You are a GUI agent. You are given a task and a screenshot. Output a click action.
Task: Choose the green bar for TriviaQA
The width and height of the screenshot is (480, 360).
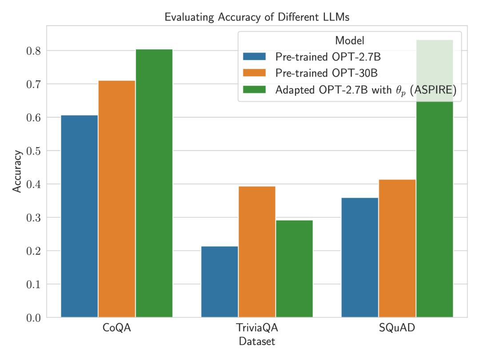(294, 268)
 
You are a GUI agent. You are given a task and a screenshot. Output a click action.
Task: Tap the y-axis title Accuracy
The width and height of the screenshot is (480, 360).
(17, 172)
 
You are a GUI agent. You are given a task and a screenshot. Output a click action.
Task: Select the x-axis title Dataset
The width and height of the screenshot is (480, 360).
(257, 342)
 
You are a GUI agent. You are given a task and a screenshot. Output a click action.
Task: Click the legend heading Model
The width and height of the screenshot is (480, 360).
(350, 40)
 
